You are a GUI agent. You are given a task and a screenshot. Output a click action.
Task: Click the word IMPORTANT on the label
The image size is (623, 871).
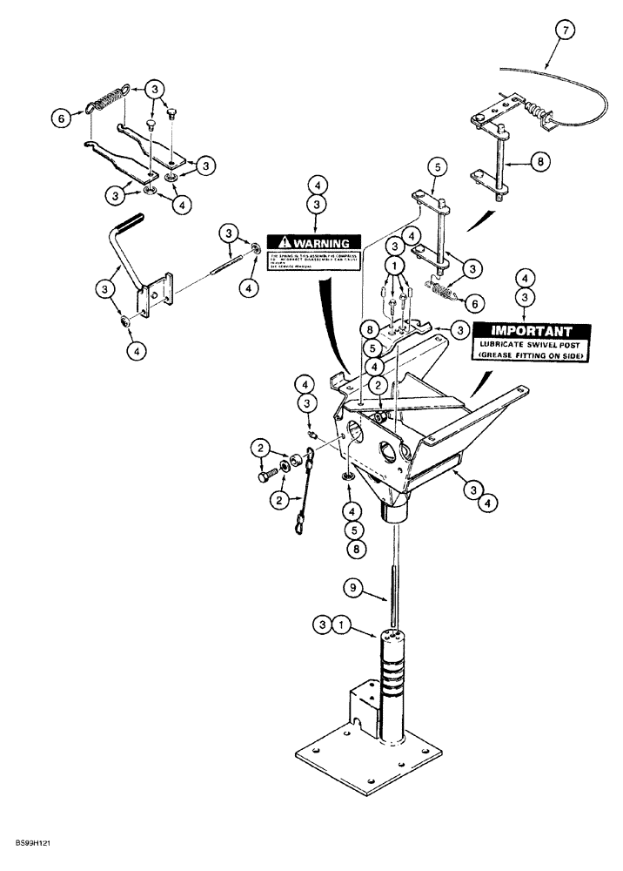(531, 331)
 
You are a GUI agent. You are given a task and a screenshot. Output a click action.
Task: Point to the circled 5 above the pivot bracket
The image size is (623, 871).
(437, 165)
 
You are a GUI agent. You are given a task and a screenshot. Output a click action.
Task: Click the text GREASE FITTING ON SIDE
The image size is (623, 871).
(531, 355)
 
